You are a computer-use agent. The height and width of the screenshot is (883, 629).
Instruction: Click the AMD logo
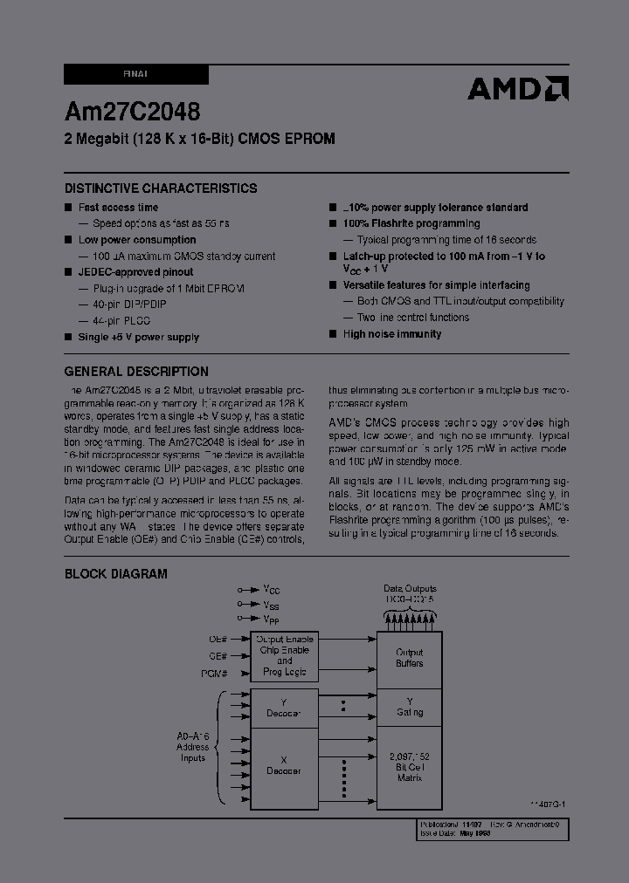coord(517,88)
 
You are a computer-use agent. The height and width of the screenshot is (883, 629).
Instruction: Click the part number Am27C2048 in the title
coord(132,111)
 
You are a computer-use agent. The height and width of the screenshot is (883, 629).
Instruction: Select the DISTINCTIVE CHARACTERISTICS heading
coord(161,188)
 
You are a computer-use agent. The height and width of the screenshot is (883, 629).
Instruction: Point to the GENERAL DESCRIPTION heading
coord(136,372)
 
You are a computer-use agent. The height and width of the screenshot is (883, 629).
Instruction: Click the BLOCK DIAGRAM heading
coord(116,574)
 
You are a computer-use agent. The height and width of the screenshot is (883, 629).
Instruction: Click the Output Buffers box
coord(409,658)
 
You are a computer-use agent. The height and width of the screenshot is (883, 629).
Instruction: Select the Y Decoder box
coord(284,707)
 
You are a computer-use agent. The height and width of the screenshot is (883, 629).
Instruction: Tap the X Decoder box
coord(284,765)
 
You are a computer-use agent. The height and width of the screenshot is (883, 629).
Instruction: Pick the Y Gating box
coord(409,707)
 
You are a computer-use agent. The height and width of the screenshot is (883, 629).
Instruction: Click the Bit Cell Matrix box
coord(409,765)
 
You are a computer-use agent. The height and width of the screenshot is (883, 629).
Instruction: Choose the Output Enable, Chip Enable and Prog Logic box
coord(284,656)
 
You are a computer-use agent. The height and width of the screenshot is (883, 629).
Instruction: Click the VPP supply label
coord(271,618)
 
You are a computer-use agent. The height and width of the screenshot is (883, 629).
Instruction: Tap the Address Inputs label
coord(193,747)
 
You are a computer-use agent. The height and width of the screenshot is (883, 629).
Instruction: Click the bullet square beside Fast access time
coord(68,208)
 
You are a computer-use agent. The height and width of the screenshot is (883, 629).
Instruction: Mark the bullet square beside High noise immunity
coord(333,334)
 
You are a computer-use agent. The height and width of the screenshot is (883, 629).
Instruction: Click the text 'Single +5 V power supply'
coord(138,337)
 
